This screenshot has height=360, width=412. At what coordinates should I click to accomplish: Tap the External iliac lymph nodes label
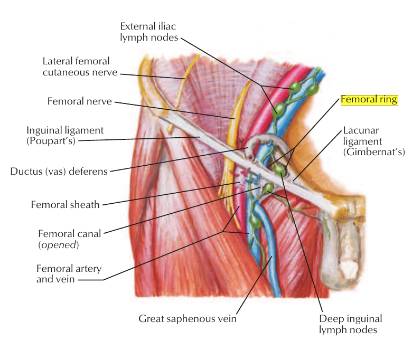(x=149, y=31)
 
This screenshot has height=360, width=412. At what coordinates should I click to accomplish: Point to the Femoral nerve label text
(x=79, y=101)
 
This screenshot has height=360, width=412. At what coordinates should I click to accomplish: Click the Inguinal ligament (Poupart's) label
(x=65, y=135)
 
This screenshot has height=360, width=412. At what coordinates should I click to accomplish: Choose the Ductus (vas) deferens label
(x=59, y=171)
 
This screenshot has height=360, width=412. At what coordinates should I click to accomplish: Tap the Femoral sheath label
(x=65, y=204)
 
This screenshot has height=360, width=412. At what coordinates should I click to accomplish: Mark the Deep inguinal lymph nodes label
(x=350, y=324)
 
